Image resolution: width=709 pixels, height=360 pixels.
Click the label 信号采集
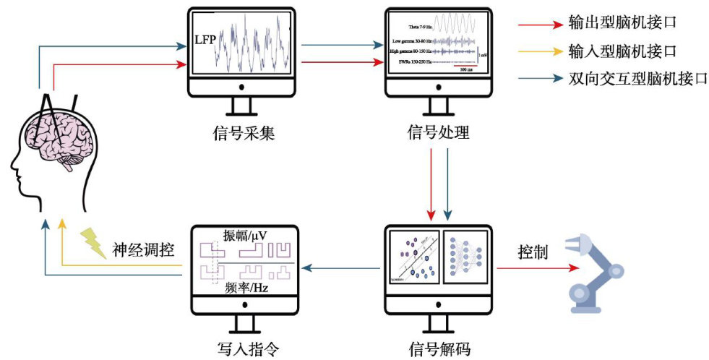click(x=241, y=133)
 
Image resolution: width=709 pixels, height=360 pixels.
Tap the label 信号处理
click(x=438, y=133)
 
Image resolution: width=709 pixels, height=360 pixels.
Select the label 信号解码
click(x=439, y=349)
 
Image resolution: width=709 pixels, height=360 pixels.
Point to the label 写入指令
click(x=241, y=349)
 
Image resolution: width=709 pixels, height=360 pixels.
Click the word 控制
click(x=532, y=253)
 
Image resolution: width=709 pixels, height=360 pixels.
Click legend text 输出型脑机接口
click(x=622, y=24)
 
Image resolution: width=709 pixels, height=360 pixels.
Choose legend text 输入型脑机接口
click(x=622, y=51)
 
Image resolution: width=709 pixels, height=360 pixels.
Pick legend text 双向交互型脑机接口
click(x=637, y=79)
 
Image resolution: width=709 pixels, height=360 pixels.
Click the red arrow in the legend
click(x=539, y=24)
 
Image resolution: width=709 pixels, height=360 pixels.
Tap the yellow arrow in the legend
click(x=539, y=51)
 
